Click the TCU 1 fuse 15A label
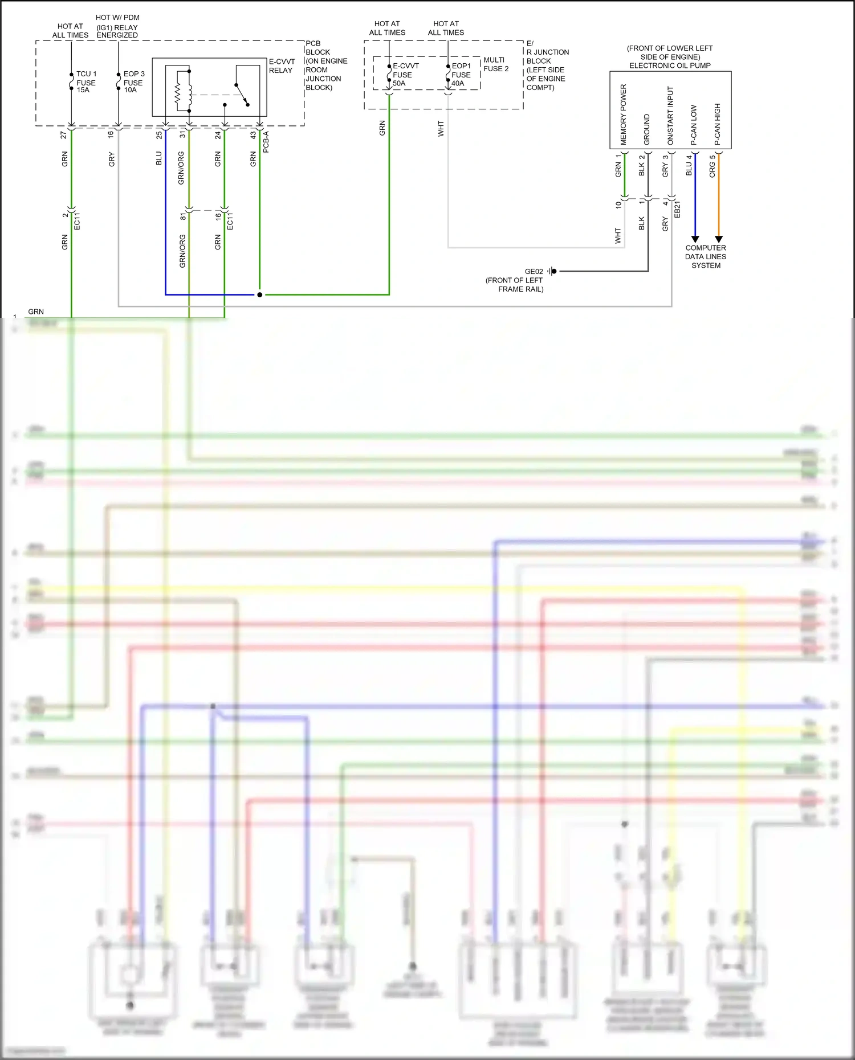pos(86,82)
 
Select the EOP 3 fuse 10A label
pos(133,82)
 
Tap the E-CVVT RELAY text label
pos(281,66)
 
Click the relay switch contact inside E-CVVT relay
pos(242,95)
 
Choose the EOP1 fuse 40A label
pos(461,75)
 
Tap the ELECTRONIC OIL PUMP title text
pos(670,66)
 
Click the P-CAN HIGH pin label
pos(718,124)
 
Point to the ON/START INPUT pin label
pos(670,115)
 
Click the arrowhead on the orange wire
pos(719,239)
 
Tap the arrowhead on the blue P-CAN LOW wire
pos(695,239)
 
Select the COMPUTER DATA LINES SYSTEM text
pos(706,256)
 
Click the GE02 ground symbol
pos(552,271)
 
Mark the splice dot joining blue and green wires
pos(260,294)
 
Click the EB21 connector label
pos(677,209)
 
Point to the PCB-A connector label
pos(266,141)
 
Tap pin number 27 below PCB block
pos(64,135)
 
